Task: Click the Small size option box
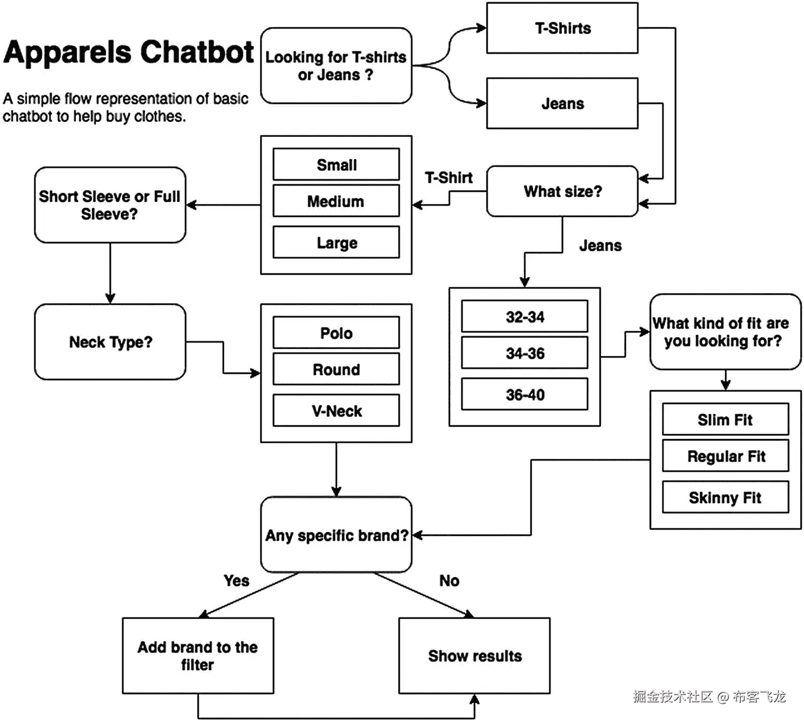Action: [x=336, y=165]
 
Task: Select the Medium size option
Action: [x=336, y=201]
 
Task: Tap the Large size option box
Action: [x=336, y=242]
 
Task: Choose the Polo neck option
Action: [x=336, y=333]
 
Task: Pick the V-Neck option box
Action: [x=336, y=411]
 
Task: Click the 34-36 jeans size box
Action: [x=525, y=353]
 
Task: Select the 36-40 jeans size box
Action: [x=525, y=394]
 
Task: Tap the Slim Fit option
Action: [x=725, y=419]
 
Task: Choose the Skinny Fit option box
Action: [x=725, y=497]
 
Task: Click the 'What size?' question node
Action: [x=562, y=191]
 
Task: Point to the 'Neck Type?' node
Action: [x=110, y=342]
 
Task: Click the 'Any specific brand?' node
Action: [x=336, y=534]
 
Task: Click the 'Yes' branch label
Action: [x=236, y=580]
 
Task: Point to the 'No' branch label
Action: [x=449, y=580]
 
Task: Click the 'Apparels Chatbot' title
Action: [x=129, y=53]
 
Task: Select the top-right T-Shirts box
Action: [x=562, y=28]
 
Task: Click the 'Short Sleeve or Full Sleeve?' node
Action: [x=110, y=205]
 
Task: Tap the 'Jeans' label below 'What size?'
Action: [x=600, y=245]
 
